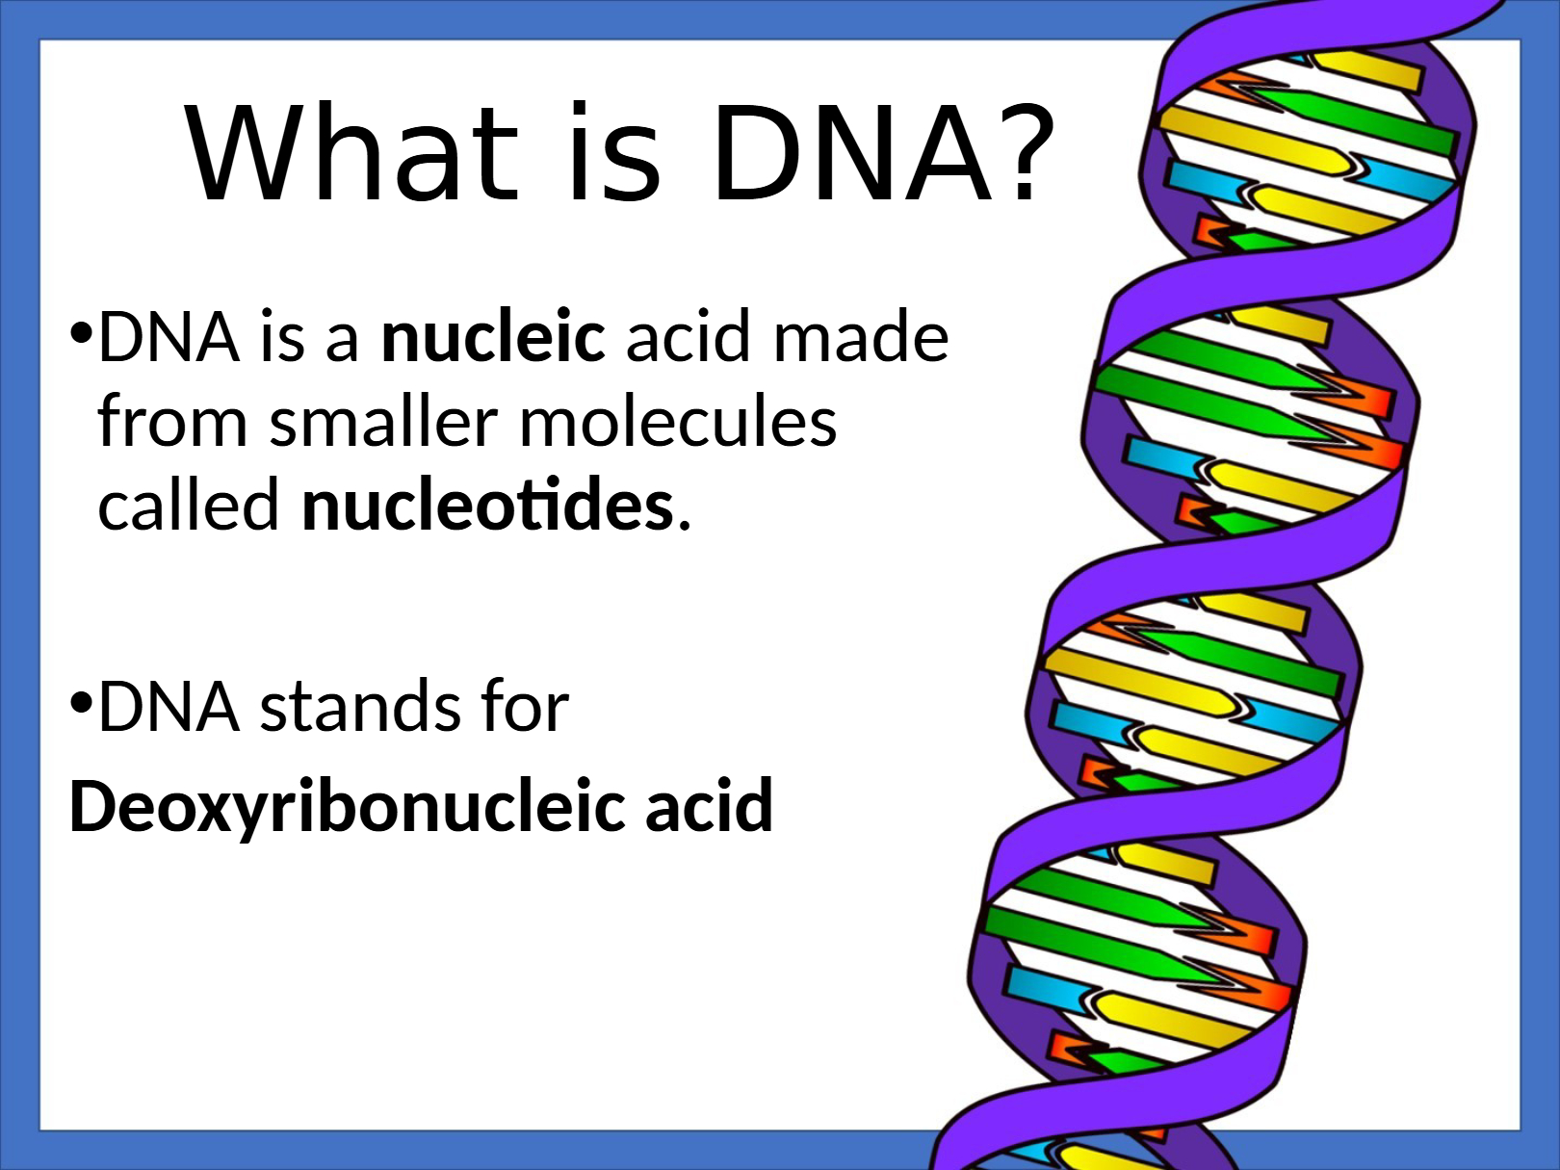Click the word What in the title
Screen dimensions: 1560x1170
pos(351,151)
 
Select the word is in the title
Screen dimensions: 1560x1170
pos(615,150)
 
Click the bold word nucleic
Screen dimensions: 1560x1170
pos(493,335)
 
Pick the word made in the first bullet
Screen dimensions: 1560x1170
pos(862,335)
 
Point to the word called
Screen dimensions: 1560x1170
pos(189,504)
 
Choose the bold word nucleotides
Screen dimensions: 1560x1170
pos(487,504)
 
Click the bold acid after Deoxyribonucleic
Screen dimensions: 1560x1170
pos(710,804)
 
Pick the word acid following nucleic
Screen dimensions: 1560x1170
pos(688,335)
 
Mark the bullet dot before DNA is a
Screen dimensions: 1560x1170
pos(81,332)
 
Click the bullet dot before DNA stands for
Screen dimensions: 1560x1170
pos(81,703)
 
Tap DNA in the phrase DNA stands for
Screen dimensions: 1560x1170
pos(169,706)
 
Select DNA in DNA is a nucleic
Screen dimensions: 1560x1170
pos(169,337)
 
